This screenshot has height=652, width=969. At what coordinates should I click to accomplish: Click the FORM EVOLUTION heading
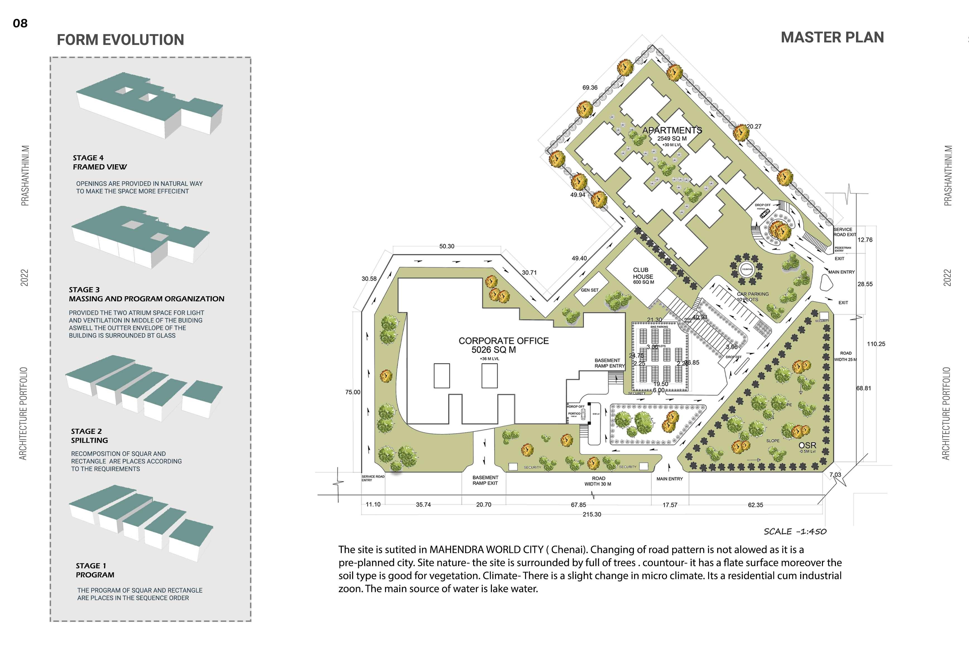pyautogui.click(x=120, y=40)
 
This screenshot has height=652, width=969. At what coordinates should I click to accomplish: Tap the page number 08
pyautogui.click(x=20, y=23)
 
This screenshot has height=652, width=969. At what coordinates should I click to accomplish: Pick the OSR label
pyautogui.click(x=807, y=445)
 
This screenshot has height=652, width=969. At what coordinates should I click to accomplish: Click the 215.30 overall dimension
pyautogui.click(x=592, y=514)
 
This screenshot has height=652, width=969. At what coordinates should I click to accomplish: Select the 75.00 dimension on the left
pyautogui.click(x=353, y=392)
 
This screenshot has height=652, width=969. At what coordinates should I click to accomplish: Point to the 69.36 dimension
pyautogui.click(x=590, y=88)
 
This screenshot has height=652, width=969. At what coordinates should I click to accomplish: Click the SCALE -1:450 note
pyautogui.click(x=795, y=531)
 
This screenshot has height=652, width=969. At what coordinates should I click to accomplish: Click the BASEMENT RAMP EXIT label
pyautogui.click(x=485, y=480)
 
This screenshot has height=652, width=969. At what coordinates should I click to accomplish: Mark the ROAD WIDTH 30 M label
pyautogui.click(x=598, y=481)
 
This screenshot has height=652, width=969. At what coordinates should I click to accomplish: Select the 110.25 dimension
pyautogui.click(x=876, y=344)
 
